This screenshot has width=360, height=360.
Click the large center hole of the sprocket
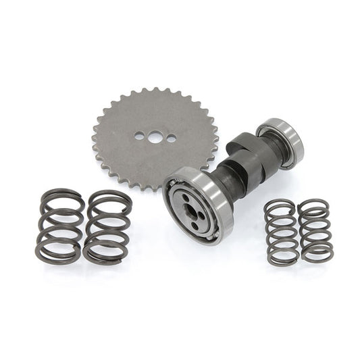click(155, 137)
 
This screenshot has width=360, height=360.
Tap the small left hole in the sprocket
click(139, 136)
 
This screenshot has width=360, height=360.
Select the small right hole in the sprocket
click(172, 138)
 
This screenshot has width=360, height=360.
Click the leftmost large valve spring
click(60, 226)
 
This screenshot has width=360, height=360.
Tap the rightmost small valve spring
click(315, 230)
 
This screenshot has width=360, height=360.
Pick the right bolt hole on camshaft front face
click(203, 211)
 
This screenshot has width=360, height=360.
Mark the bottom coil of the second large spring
click(105, 257)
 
